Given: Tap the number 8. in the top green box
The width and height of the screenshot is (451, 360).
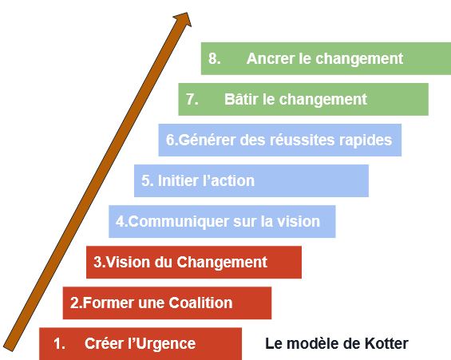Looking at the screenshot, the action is [215, 58].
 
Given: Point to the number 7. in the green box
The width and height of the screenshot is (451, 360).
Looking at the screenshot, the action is [192, 99].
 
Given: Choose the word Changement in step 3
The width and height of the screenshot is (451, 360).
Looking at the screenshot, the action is [222, 263].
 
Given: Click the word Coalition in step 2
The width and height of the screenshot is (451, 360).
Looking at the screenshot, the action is [200, 303].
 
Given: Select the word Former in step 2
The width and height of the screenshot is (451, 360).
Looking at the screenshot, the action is [109, 303].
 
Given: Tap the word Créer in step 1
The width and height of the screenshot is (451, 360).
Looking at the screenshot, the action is [100, 343].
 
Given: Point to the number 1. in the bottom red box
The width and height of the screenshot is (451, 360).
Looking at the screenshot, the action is [59, 344].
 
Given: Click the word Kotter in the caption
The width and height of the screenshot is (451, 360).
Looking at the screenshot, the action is [386, 343].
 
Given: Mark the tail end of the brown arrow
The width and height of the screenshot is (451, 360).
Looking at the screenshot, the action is [9, 348].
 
